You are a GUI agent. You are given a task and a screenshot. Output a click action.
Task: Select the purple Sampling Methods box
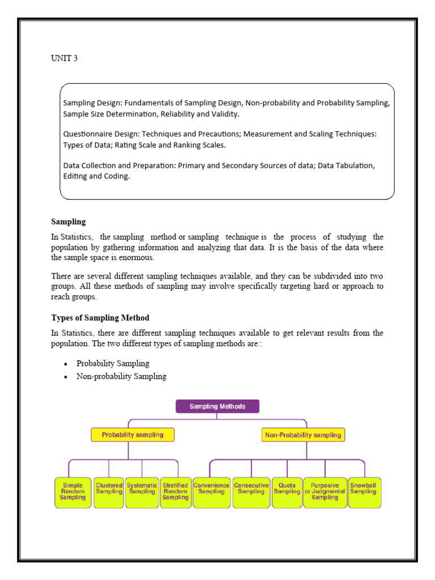pos(217,406)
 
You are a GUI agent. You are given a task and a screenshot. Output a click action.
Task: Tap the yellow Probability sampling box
pos(133,435)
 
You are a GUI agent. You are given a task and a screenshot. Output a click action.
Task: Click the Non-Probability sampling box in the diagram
pos(303,435)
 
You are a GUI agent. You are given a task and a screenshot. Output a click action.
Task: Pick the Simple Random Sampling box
pos(72,492)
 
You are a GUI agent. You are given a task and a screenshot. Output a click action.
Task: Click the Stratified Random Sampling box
pos(176,492)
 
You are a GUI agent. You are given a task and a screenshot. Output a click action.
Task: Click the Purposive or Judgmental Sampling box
pos(325,492)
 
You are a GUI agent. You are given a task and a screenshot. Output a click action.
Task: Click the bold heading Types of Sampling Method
pos(100,318)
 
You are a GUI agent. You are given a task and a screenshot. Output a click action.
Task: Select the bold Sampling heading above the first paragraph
pos(68,221)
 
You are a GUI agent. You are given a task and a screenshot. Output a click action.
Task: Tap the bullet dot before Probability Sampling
pos(66,364)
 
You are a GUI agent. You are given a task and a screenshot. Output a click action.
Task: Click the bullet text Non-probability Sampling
pos(121,376)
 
